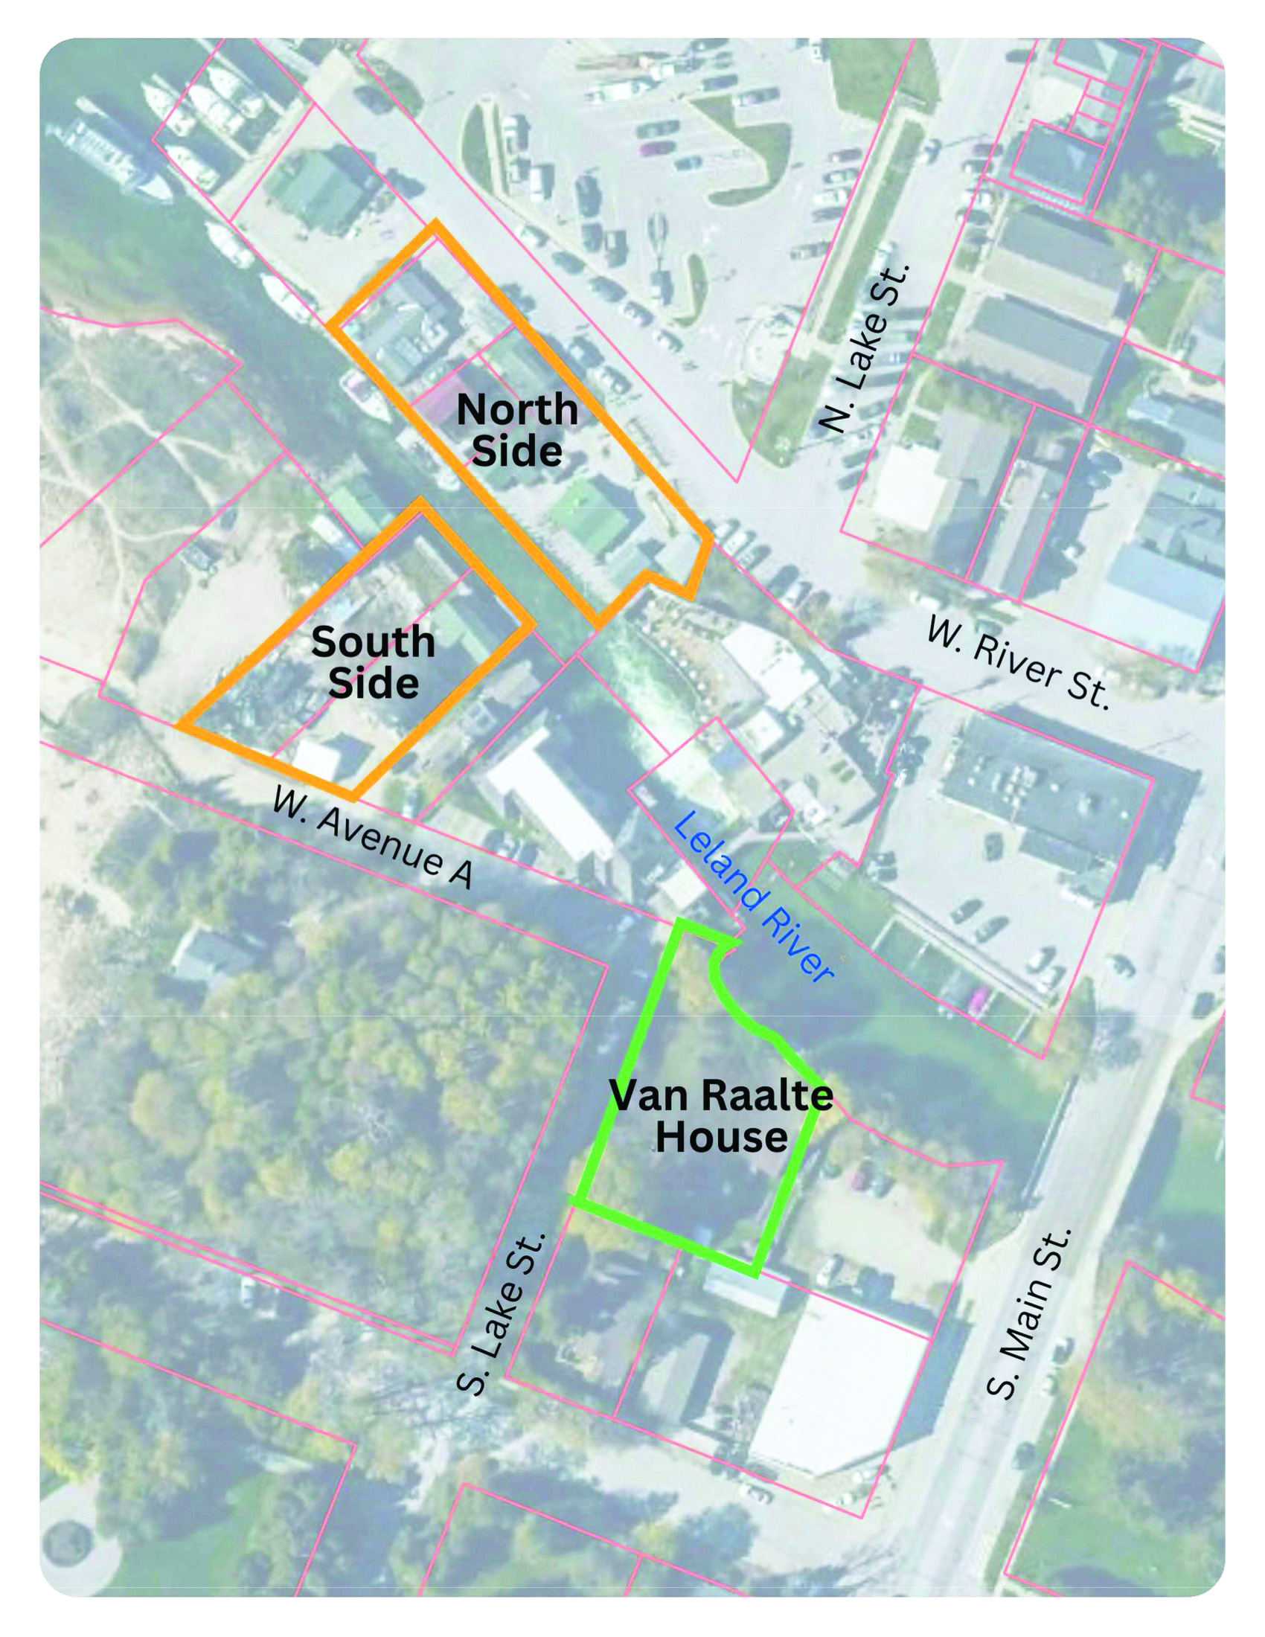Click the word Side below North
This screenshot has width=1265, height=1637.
(517, 451)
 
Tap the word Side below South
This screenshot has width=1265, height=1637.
(374, 683)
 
